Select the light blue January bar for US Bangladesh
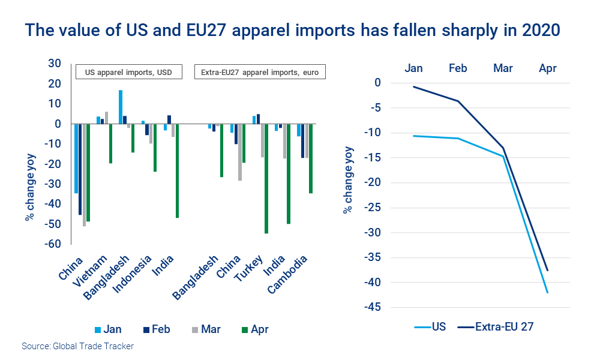pos(121,107)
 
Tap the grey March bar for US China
pos(84,175)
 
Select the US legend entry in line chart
pos(432,327)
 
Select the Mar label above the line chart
pos(503,68)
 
